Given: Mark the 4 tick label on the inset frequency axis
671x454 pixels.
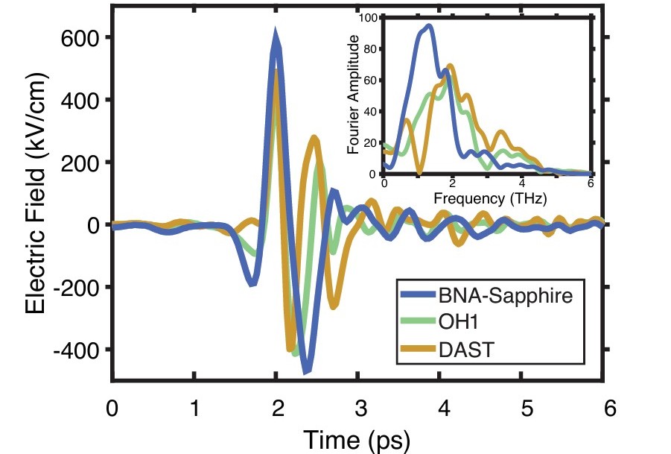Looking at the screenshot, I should [522, 183].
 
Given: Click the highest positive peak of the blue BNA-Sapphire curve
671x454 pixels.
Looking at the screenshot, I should [276, 34].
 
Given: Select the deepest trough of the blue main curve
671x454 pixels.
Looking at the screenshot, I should [305, 371].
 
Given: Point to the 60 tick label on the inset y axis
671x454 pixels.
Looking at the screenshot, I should [370, 80].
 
